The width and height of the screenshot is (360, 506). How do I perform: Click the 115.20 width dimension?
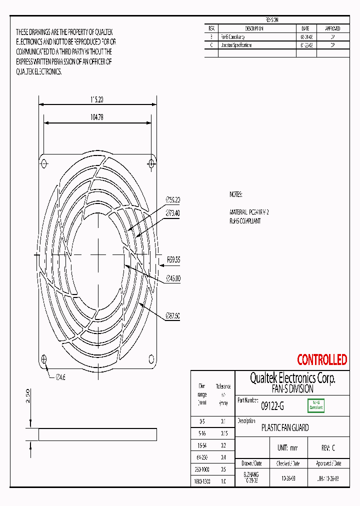[x=97, y=100]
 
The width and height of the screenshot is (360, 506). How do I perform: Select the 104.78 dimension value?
[x=97, y=117]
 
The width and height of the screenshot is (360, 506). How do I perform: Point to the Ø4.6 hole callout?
[x=60, y=377]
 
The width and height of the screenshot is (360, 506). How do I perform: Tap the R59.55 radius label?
[x=172, y=260]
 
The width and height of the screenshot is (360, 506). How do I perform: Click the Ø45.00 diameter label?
[x=172, y=278]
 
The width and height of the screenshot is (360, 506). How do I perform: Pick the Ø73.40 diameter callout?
[x=172, y=213]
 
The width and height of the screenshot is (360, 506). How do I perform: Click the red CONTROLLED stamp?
[x=322, y=359]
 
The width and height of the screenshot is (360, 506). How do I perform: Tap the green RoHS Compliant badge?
[x=316, y=405]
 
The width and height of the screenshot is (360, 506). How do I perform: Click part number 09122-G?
[x=272, y=406]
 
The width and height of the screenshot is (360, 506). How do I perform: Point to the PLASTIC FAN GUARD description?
[x=285, y=428]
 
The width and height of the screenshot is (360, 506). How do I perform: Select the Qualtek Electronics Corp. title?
[x=292, y=378]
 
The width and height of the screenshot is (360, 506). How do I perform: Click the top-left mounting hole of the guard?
[x=44, y=163]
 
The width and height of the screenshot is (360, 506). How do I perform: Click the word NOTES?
[x=236, y=194]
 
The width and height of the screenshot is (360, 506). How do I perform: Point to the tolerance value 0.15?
[x=223, y=433]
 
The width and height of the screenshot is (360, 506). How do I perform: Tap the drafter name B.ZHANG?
[x=251, y=474]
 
